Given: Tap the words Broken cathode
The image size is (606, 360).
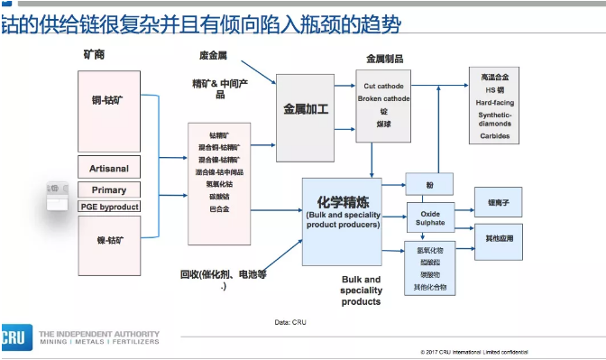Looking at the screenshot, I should point(383,98).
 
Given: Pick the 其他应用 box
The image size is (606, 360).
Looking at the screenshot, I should point(499,239).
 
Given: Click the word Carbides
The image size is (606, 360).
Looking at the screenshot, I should point(495,136).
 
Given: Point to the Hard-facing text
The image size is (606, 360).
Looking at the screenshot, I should point(495,103).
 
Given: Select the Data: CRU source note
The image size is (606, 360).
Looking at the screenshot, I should point(290,321).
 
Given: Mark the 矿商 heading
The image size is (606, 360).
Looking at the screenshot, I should point(94,55).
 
